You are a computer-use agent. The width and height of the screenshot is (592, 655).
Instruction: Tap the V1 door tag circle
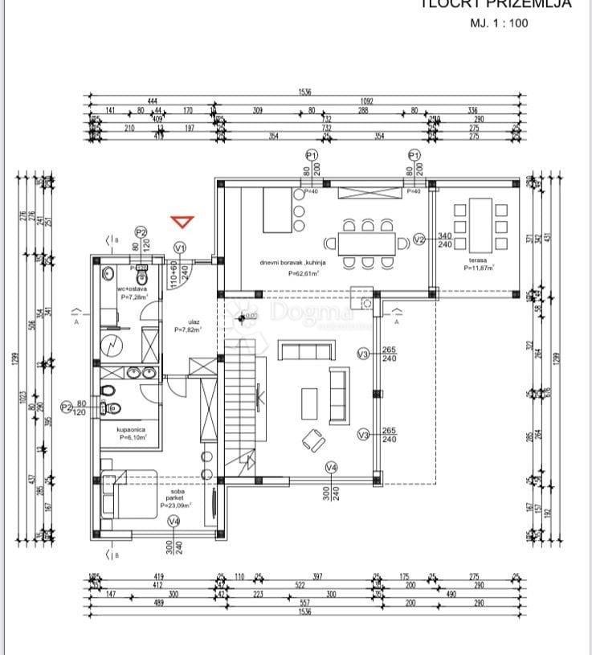[180, 248]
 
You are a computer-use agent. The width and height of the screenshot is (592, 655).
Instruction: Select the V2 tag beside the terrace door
[418, 239]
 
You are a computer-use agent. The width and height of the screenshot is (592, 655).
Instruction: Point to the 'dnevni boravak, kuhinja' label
[288, 263]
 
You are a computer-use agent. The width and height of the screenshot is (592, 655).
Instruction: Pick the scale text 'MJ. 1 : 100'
[498, 23]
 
